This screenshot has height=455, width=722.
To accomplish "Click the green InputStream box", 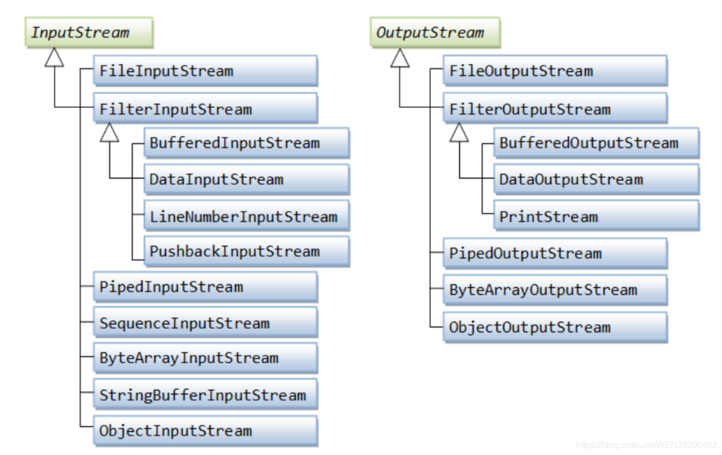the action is [89, 33].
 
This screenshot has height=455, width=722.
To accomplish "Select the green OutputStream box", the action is [435, 33].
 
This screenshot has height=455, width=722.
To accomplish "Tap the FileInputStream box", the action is [206, 71].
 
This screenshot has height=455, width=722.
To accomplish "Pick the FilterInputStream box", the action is [206, 108].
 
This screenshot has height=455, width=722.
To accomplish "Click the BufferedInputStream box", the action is [247, 143].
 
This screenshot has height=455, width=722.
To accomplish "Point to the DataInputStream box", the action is [247, 179].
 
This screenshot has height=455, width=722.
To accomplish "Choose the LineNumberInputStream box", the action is [247, 216].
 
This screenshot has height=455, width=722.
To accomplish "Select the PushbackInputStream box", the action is [247, 251].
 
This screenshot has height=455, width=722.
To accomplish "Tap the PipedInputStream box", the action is [206, 287].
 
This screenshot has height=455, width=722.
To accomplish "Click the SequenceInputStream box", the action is [206, 323].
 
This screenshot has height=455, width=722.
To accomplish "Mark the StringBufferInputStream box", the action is [206, 394].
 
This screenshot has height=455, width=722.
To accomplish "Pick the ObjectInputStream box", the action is [206, 431].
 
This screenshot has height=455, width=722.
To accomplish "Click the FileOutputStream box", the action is [555, 71].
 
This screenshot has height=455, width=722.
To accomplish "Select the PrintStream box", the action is [596, 215].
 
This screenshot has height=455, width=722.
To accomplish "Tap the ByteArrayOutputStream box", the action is [555, 290].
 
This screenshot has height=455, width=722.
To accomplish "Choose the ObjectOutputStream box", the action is [555, 327].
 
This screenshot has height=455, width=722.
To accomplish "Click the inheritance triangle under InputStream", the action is [54, 58].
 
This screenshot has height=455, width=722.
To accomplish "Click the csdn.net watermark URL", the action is [646, 444].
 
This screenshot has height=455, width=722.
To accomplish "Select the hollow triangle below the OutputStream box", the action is [400, 58].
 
